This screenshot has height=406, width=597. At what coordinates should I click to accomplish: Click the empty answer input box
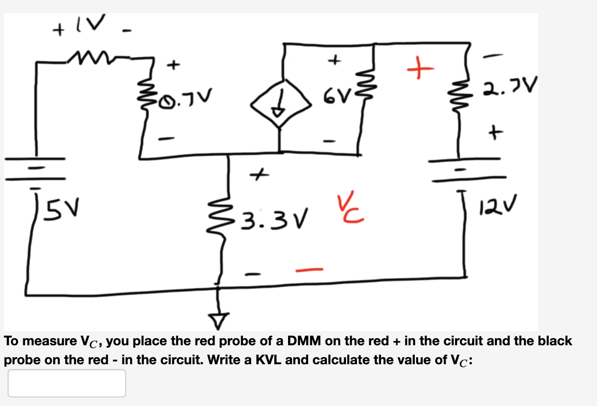pos(67,383)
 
